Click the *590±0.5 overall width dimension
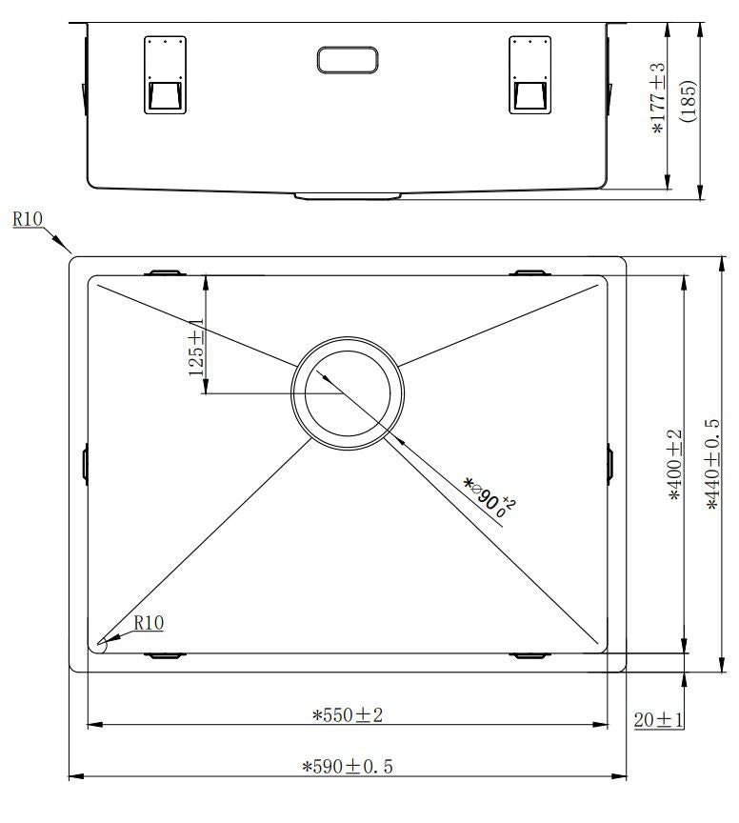point(348,766)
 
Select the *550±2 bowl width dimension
point(348,714)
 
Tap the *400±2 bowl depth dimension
point(674,465)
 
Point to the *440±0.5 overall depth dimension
point(713,465)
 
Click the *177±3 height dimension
point(658,100)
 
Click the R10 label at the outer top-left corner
point(28,219)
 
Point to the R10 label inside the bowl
point(149,623)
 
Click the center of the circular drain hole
point(349,392)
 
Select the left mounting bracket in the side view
point(163,75)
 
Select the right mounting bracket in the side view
point(530,75)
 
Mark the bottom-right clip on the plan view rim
point(530,655)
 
